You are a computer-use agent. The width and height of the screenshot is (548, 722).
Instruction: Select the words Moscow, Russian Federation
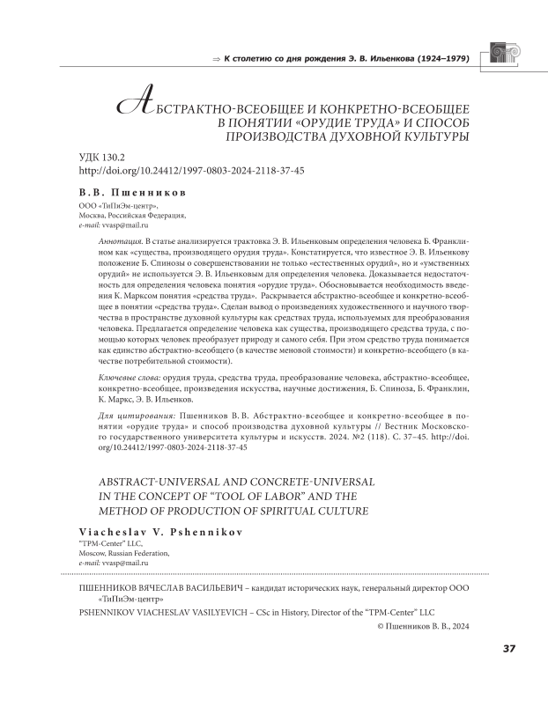127,552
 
